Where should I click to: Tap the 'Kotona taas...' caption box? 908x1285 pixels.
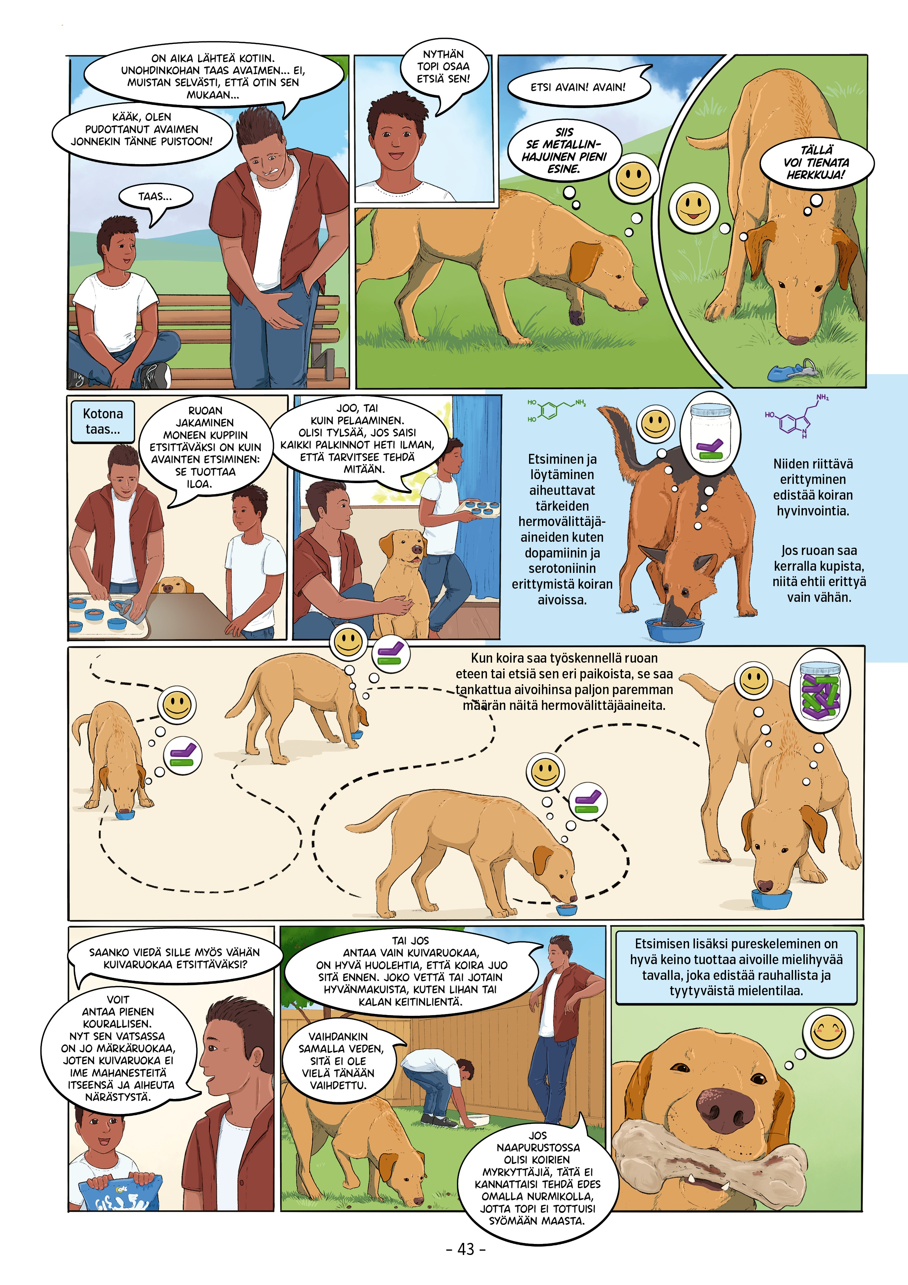[103, 421]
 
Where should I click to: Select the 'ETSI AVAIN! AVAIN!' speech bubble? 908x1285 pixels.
[578, 87]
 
